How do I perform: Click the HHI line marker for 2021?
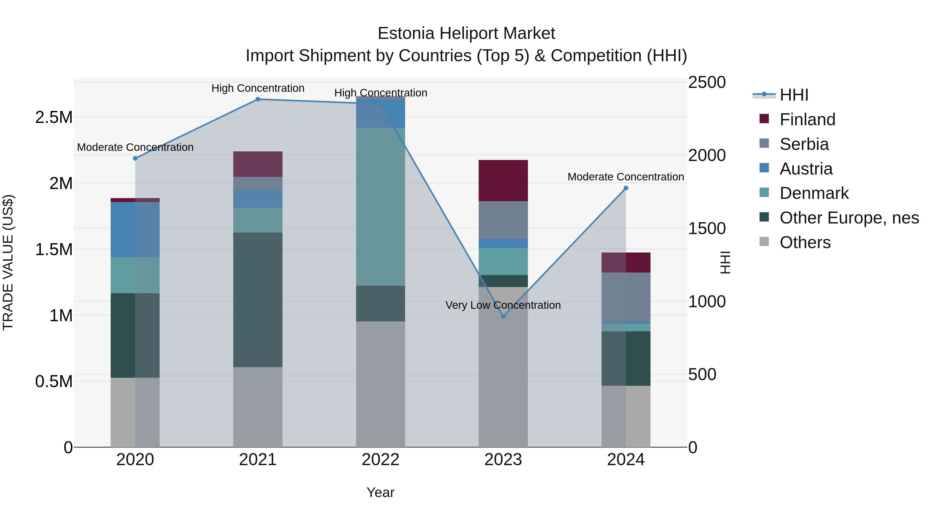point(258,99)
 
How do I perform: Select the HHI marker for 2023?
point(503,316)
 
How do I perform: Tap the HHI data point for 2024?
point(626,188)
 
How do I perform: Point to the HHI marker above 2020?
point(135,158)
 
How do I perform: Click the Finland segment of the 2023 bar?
point(503,180)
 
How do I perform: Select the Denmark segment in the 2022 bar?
point(380,207)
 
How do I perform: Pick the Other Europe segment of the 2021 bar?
point(258,300)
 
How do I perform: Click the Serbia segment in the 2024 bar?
point(626,297)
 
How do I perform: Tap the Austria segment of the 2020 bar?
point(135,229)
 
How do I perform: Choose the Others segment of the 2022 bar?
point(380,384)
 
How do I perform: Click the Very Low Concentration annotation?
point(503,305)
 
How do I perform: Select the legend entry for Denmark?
point(814,193)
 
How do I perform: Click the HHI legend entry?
point(794,95)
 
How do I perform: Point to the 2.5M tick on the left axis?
point(54,117)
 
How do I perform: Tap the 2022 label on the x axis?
point(380,460)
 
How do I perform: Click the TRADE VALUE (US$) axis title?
point(8,262)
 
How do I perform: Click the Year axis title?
point(380,492)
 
